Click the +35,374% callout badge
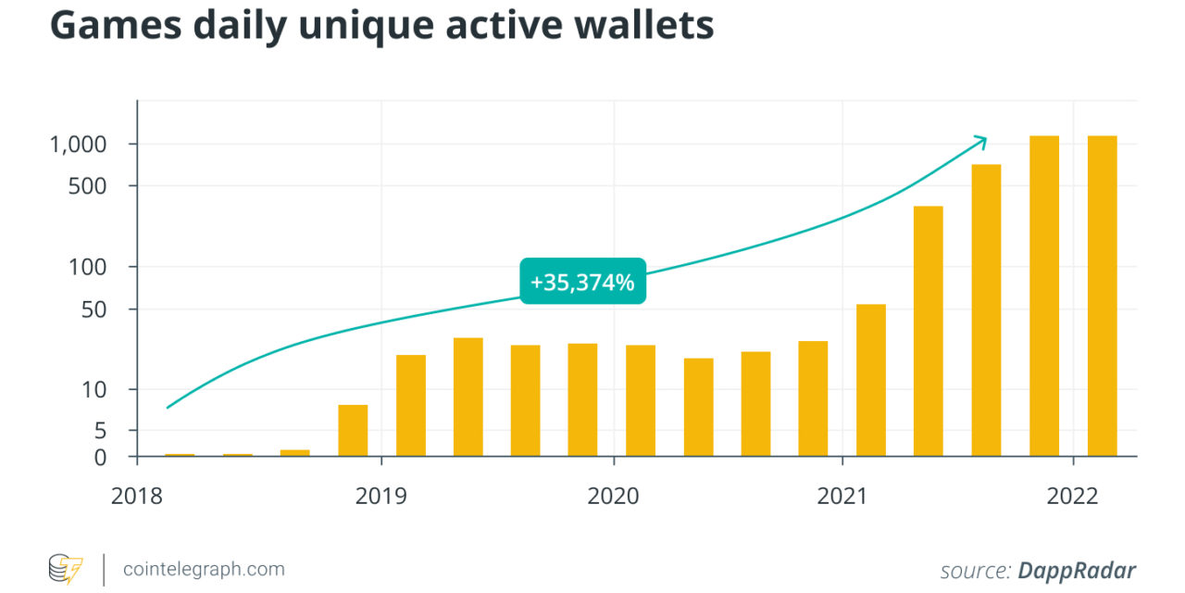582,282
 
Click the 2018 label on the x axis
136,497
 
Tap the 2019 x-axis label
380,497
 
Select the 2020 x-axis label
613,497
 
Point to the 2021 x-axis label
842,497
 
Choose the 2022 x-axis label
1072,497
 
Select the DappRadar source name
1077,570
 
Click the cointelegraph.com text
204,569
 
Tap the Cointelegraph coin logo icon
65,569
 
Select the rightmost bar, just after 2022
1102,296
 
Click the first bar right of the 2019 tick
411,405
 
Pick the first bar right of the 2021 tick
871,380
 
